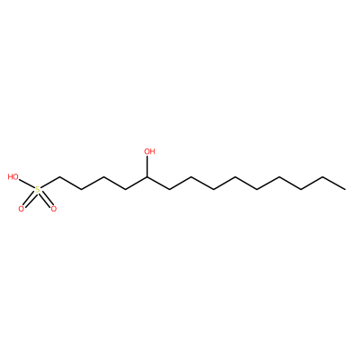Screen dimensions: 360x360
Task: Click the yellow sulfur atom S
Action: click(38, 190)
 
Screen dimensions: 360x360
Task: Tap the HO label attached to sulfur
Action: click(13, 177)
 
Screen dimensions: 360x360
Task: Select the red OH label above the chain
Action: click(149, 151)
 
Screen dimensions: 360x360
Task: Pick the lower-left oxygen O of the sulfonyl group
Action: click(21, 209)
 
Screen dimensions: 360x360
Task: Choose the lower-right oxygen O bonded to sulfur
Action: click(54, 209)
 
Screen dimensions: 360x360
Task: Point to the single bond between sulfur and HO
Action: click(27, 184)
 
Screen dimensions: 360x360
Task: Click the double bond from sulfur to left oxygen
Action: click(30, 199)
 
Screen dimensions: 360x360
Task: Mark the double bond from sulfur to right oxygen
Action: click(46, 199)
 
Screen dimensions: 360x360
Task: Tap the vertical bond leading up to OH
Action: click(148, 166)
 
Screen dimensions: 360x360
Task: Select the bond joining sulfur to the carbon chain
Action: click(49, 183)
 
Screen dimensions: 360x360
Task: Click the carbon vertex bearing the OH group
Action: click(148, 177)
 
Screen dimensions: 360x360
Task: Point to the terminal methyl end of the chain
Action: click(345, 189)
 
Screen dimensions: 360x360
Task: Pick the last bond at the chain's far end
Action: click(334, 183)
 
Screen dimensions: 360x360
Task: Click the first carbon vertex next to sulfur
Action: click(59, 177)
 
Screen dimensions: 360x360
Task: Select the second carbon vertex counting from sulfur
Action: click(81, 189)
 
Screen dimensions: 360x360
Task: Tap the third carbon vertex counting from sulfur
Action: click(103, 177)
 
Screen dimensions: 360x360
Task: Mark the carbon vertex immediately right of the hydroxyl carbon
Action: click(169, 189)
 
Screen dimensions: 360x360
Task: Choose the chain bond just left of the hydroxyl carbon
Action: click(136, 183)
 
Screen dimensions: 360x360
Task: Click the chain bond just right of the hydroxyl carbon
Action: click(158, 183)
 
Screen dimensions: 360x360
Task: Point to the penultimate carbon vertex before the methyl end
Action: click(323, 177)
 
